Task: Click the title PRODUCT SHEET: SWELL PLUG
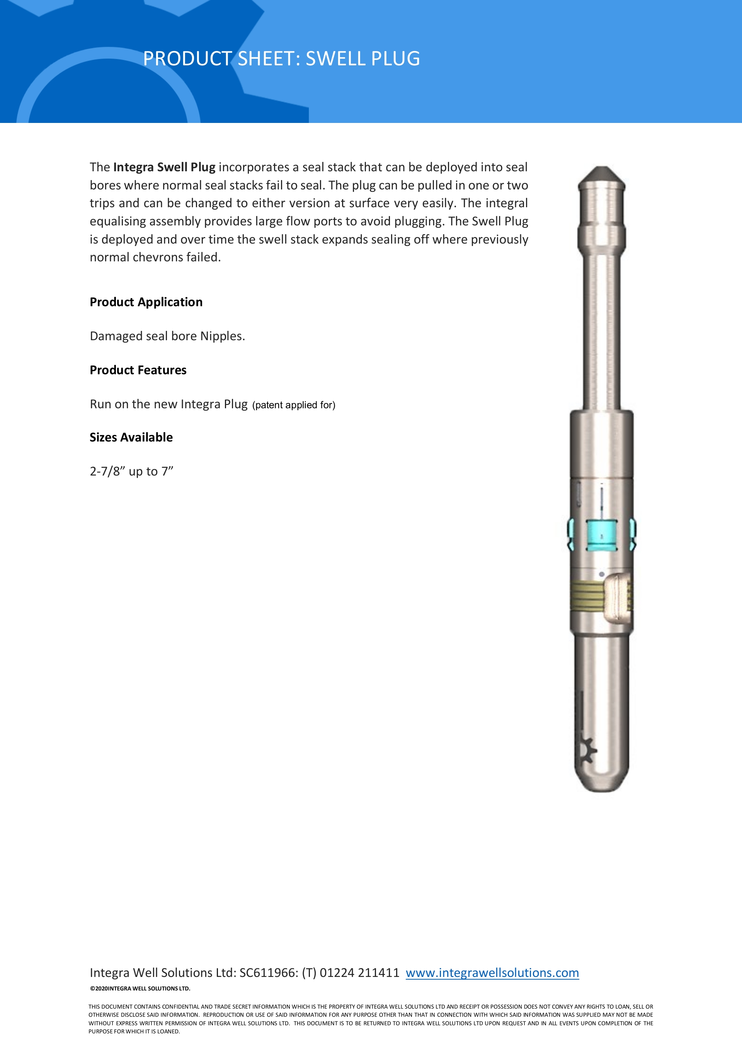click(281, 58)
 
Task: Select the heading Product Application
click(146, 302)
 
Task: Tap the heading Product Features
click(138, 370)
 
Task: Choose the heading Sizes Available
click(131, 437)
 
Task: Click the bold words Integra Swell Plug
click(164, 167)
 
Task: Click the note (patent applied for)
click(293, 405)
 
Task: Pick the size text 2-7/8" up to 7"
click(131, 472)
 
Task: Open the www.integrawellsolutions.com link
click(492, 972)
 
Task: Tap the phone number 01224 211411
click(359, 972)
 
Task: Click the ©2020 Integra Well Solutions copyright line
click(140, 988)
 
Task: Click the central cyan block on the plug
click(602, 535)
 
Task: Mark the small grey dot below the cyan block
click(602, 574)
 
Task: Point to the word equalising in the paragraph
click(118, 222)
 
